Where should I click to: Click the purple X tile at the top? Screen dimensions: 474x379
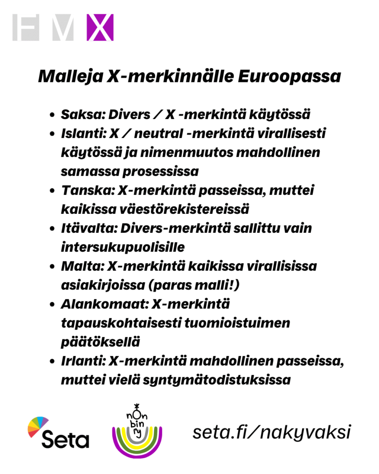[x=99, y=28]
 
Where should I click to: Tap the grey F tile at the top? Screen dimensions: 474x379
[x=26, y=28]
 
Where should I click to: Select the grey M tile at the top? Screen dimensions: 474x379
[x=63, y=28]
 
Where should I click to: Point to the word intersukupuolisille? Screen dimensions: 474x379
[x=123, y=247]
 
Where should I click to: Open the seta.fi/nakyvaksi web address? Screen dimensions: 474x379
[x=271, y=432]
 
